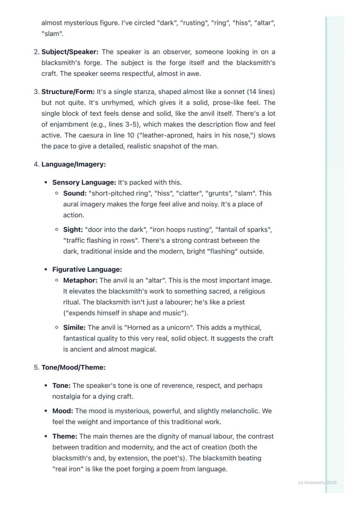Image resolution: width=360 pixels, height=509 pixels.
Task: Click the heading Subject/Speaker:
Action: pos(70,52)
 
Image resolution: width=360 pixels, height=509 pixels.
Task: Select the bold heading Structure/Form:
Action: pos(68,92)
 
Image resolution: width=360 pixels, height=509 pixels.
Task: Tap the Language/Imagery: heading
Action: pos(73,164)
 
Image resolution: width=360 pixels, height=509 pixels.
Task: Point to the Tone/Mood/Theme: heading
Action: pos(73,368)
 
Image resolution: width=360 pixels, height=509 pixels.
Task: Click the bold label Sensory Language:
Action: pos(84,183)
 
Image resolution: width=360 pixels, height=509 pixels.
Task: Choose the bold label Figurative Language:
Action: pos(87,269)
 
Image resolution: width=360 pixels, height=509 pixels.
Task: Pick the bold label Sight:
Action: pos(73,230)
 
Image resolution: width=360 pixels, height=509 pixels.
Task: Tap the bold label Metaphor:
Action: pos(80,280)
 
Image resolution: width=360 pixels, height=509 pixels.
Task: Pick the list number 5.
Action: pos(36,368)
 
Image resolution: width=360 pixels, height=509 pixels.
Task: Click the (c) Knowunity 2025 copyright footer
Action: pos(317,482)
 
